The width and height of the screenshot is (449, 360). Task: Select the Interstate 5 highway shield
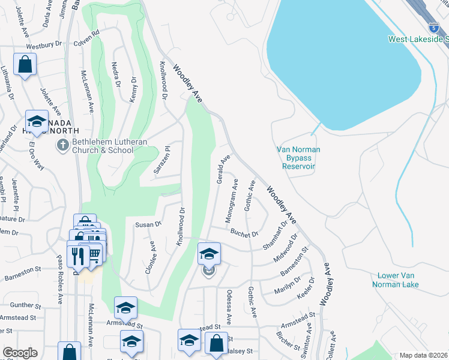433,27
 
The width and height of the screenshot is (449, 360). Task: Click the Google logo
20,353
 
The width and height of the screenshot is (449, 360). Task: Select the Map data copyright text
423,355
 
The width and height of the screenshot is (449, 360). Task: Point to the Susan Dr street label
148,224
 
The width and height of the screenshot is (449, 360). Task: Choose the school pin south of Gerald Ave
209,254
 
